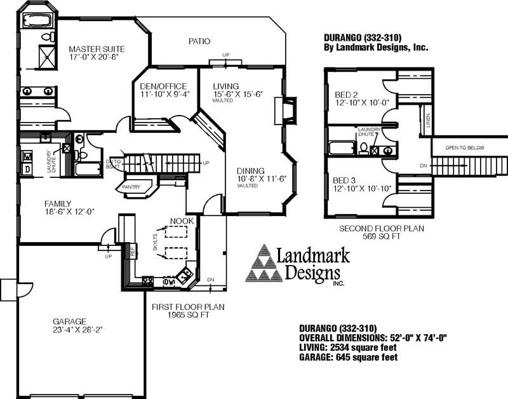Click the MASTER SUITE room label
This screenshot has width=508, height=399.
click(97, 49)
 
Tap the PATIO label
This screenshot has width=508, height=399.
click(199, 41)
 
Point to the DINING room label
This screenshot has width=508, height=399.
click(251, 171)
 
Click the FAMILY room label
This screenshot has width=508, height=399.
click(58, 204)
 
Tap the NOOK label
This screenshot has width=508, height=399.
click(182, 222)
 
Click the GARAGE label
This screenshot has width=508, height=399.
click(70, 321)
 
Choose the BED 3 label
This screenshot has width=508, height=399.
click(347, 180)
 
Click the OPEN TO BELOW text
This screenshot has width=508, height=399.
click(465, 147)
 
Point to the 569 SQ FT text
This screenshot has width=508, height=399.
click(381, 236)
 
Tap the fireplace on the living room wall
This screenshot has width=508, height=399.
click(289, 112)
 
